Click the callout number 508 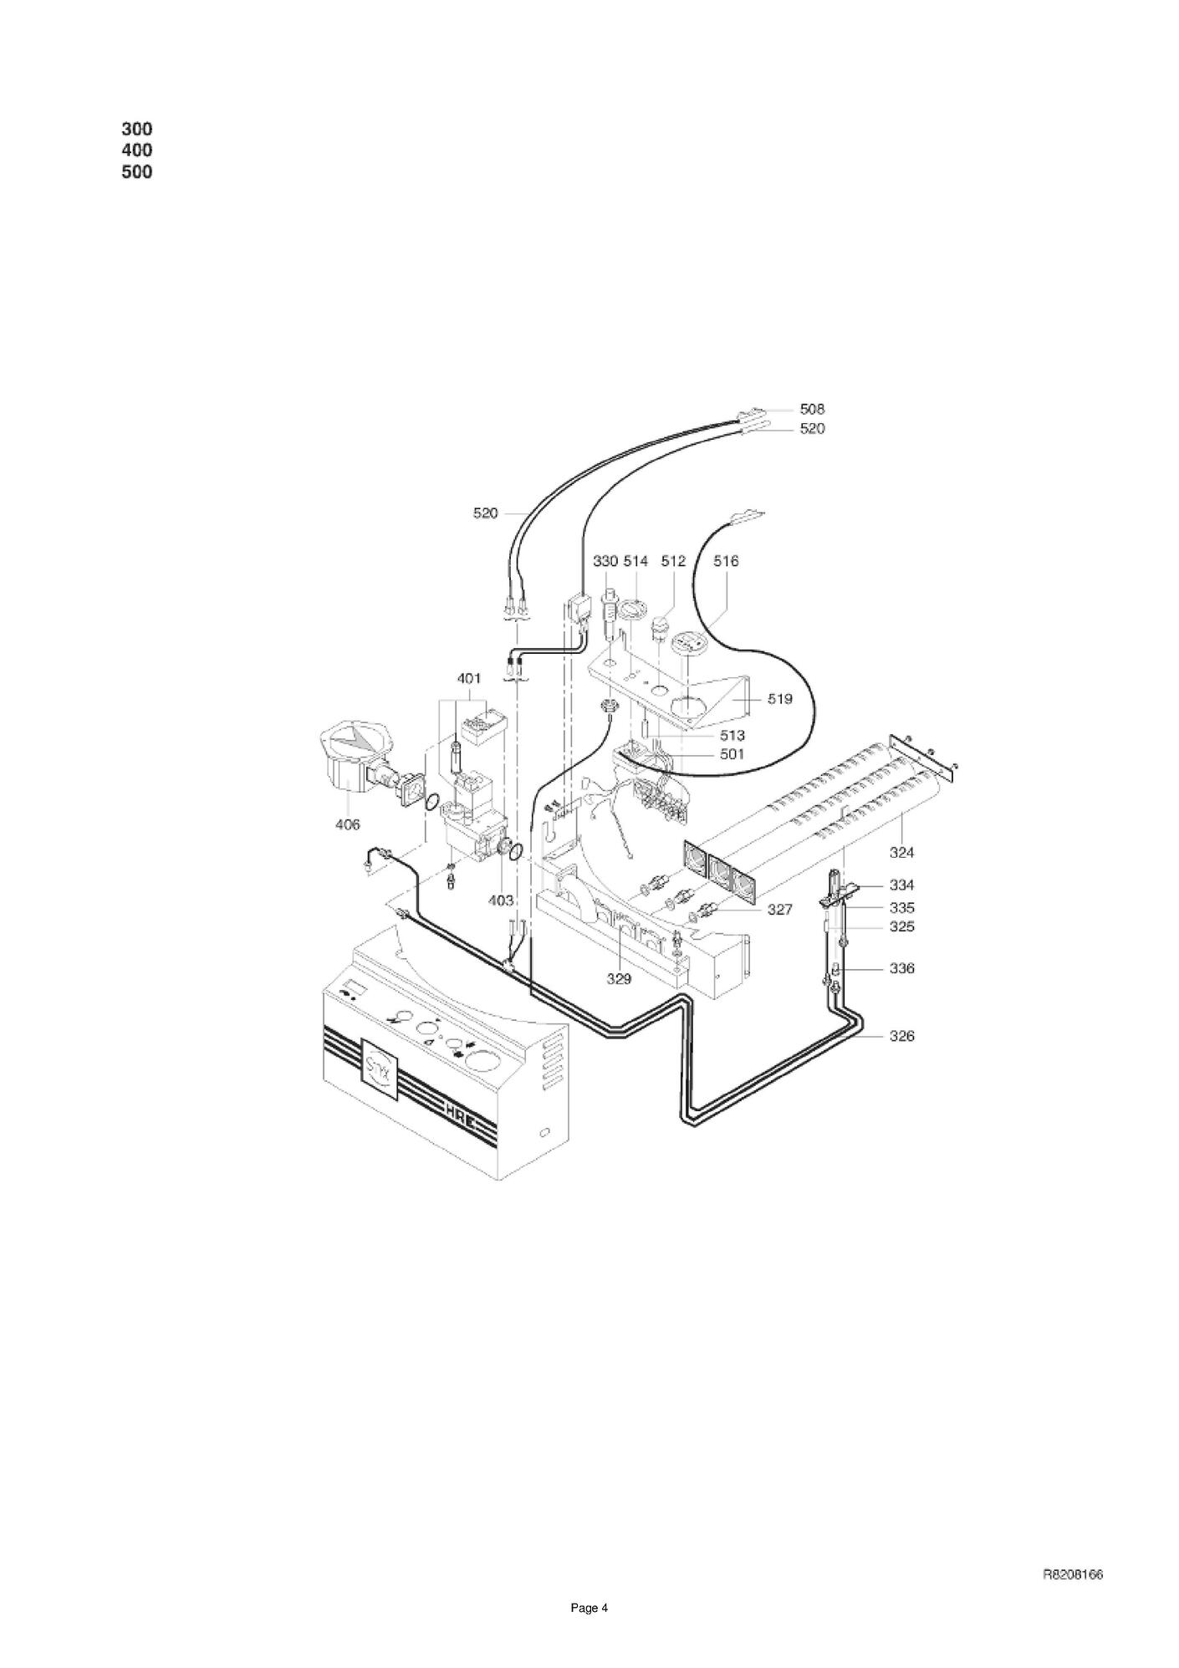click(812, 409)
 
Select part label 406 click(347, 824)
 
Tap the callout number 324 click(901, 853)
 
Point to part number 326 click(901, 1036)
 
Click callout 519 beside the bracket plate click(779, 698)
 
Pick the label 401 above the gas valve click(470, 678)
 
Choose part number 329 click(619, 979)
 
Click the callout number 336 click(901, 968)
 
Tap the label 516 click(726, 561)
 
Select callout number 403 click(500, 900)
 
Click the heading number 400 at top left click(137, 150)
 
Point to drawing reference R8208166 click(1073, 1574)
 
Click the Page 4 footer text click(589, 1608)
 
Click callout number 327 click(779, 909)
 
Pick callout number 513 click(732, 736)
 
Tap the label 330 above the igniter click(605, 561)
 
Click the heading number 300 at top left click(137, 129)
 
